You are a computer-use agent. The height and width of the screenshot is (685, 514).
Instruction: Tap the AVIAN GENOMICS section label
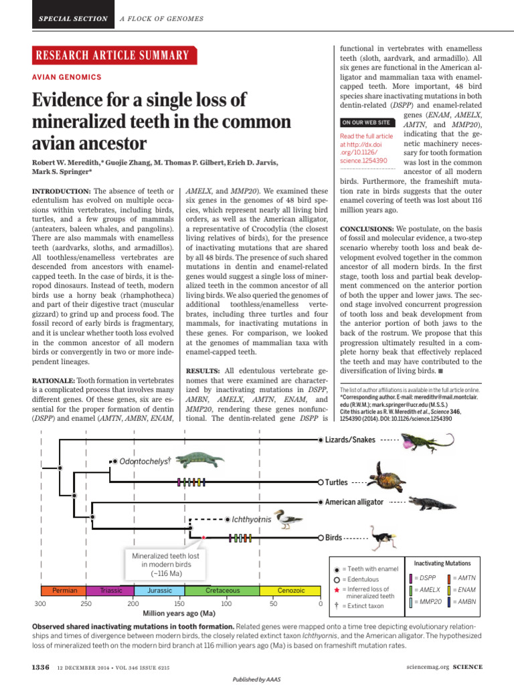tap(67, 78)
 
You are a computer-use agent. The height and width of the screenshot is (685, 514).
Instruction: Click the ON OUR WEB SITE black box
tap(366, 122)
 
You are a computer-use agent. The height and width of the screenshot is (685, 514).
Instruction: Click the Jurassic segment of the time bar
tap(159, 591)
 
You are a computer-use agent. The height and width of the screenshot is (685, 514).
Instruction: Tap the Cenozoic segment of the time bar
tap(290, 591)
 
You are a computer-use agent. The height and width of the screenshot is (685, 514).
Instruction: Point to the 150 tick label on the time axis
tap(180, 604)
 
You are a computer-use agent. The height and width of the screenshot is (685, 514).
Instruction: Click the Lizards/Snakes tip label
tap(350, 439)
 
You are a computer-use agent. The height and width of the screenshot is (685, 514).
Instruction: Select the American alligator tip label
tap(354, 502)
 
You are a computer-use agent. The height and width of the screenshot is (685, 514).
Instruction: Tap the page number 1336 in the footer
tap(41, 667)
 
